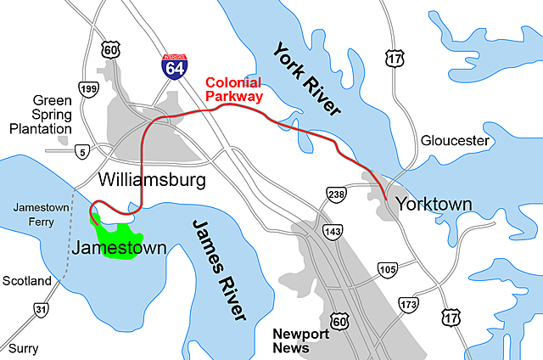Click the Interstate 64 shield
pyautogui.click(x=173, y=66)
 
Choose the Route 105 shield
pyautogui.click(x=387, y=270)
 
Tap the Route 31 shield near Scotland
pyautogui.click(x=39, y=310)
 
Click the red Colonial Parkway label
pyautogui.click(x=233, y=89)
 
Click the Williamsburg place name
pyautogui.click(x=152, y=180)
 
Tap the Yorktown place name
pyautogui.click(x=434, y=205)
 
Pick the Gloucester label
pyautogui.click(x=455, y=140)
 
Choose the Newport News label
pyautogui.click(x=300, y=340)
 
